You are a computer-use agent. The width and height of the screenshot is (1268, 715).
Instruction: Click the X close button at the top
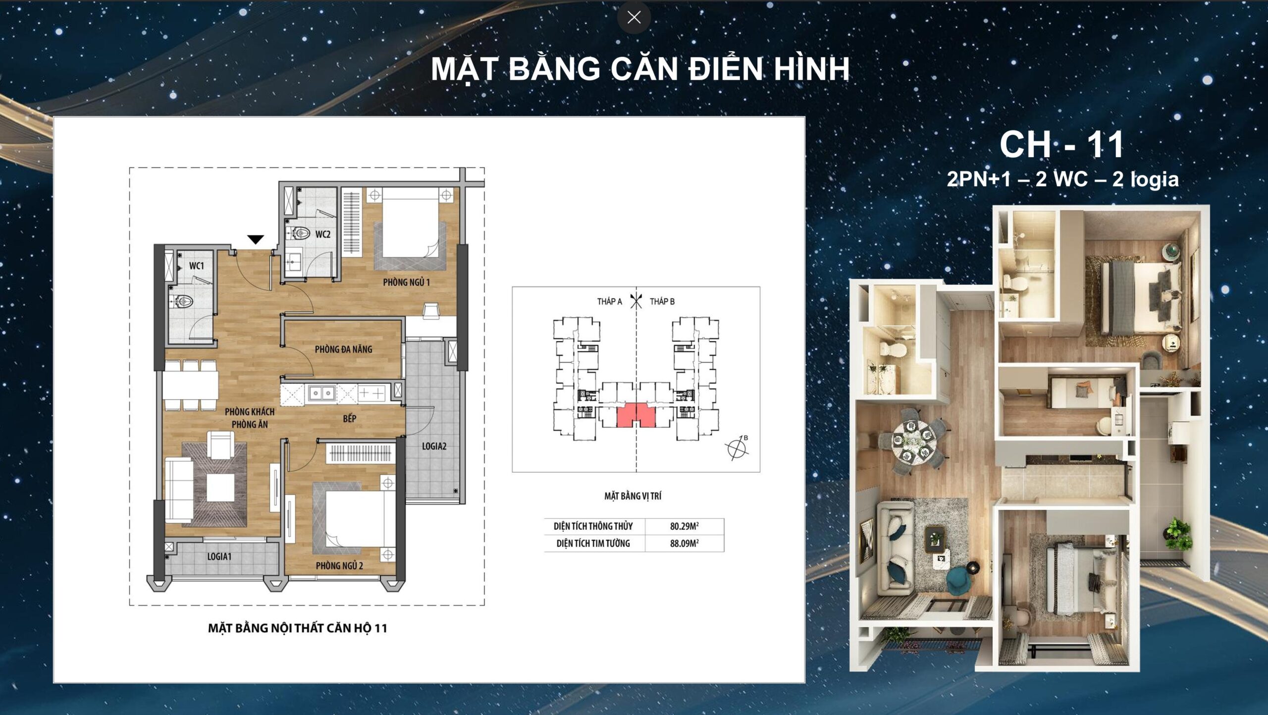pos(634,17)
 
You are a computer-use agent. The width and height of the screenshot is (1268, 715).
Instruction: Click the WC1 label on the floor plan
pos(197,266)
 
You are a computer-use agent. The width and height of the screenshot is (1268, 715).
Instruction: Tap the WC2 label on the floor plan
pos(322,234)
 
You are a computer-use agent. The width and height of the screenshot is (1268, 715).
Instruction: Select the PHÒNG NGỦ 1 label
pos(406,282)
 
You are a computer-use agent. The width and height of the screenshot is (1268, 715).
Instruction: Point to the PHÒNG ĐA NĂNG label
pos(343,349)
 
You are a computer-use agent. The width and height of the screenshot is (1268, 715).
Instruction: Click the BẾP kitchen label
pos(350,419)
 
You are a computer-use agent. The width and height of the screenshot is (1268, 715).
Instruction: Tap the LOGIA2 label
pos(434,446)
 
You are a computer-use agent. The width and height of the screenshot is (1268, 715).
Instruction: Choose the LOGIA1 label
pos(219,557)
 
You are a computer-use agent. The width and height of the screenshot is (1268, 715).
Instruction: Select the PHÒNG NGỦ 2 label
pos(339,566)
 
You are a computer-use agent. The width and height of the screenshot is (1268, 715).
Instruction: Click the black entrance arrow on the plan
pos(256,240)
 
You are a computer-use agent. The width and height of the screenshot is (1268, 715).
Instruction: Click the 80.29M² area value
pos(685,526)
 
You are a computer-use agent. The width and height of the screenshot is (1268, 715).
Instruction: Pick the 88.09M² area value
pos(685,543)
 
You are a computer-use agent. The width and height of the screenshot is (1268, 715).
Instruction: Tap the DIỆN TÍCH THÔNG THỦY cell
pos(593,526)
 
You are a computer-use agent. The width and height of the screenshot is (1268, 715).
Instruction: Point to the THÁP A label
pos(609,301)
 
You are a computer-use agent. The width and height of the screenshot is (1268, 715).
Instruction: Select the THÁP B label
pos(662,301)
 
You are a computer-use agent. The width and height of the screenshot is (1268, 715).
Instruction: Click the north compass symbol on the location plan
pos(737,448)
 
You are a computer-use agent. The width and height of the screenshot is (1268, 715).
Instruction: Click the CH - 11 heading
pos(1062,145)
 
